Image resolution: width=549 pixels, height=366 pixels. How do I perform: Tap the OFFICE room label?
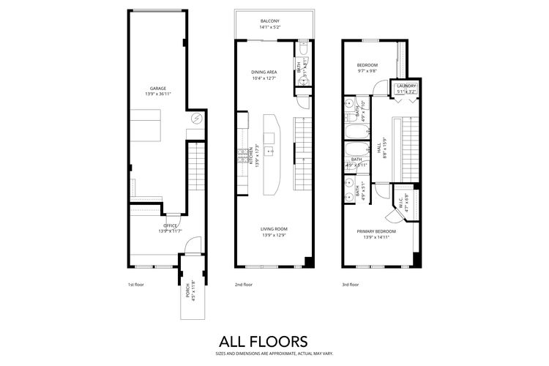170,225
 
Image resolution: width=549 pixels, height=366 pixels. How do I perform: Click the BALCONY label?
269,21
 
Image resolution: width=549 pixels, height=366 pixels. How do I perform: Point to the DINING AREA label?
264,72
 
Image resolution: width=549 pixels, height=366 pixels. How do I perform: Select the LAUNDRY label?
406,86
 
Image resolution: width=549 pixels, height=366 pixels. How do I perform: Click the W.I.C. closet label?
401,203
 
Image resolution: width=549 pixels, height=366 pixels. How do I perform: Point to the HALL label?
379,146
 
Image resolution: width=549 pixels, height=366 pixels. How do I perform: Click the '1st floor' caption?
135,284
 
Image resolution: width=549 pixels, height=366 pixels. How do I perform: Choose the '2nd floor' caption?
244,284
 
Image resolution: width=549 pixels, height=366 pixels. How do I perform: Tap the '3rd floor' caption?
350,284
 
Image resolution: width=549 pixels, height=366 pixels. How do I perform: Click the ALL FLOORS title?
264,340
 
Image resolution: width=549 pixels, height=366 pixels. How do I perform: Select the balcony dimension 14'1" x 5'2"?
269,27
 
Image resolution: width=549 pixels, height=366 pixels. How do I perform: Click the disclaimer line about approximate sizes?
264,352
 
